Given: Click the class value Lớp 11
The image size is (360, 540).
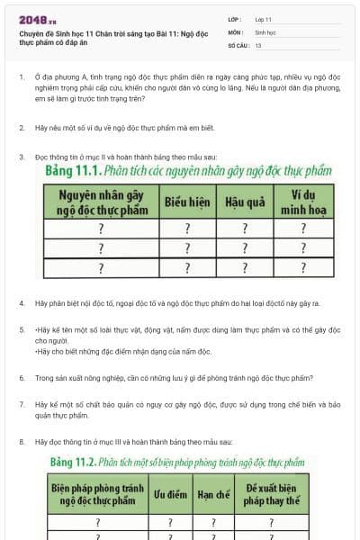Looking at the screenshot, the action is pyautogui.click(x=263, y=18).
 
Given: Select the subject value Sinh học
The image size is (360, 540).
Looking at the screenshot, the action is pyautogui.click(x=265, y=31).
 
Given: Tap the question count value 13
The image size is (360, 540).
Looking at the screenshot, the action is pyautogui.click(x=258, y=44).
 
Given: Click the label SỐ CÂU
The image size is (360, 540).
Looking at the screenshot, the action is pyautogui.click(x=237, y=44).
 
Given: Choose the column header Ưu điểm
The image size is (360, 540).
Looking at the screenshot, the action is pyautogui.click(x=169, y=494).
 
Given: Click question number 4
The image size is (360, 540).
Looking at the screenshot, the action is pyautogui.click(x=22, y=303).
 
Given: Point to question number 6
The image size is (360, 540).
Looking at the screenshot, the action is pyautogui.click(x=22, y=378).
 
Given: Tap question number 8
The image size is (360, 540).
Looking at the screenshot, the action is pyautogui.click(x=22, y=442).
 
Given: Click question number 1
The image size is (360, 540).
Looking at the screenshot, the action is pyautogui.click(x=22, y=77).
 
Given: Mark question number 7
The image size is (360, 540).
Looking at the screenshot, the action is pyautogui.click(x=22, y=405).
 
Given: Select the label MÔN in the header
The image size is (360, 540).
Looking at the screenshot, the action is pyautogui.click(x=236, y=31).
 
